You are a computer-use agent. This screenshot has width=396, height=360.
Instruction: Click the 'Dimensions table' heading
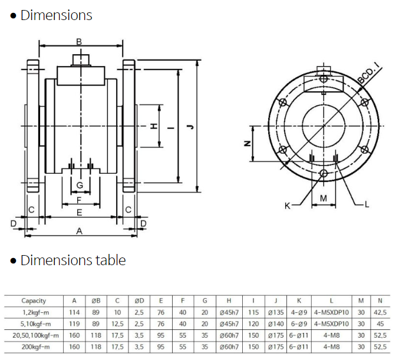click(73, 260)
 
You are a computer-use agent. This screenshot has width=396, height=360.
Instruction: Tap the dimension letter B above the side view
click(80, 41)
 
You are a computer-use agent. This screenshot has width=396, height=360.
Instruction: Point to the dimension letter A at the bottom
click(80, 231)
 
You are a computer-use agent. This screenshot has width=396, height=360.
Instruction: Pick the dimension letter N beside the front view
click(247, 143)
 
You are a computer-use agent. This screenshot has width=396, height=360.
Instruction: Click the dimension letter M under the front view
click(324, 198)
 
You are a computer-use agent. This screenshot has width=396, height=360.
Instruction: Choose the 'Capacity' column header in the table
click(34, 300)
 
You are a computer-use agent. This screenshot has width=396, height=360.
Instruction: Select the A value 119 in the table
click(74, 323)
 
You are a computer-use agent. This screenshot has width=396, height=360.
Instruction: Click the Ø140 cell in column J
click(276, 323)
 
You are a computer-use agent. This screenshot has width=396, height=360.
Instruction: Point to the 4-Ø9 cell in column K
click(300, 312)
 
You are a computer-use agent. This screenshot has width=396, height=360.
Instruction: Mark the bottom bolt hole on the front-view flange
click(324, 173)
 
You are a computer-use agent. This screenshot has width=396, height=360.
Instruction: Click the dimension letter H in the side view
click(152, 126)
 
